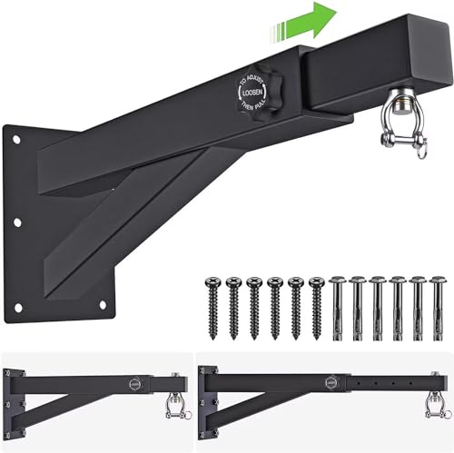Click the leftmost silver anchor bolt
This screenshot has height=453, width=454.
point(335,305)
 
